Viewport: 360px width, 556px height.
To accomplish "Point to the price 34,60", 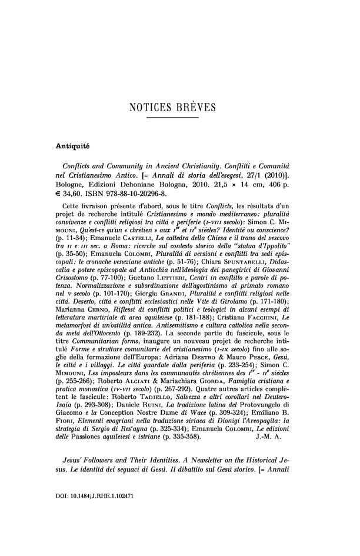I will tap(59, 194).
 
